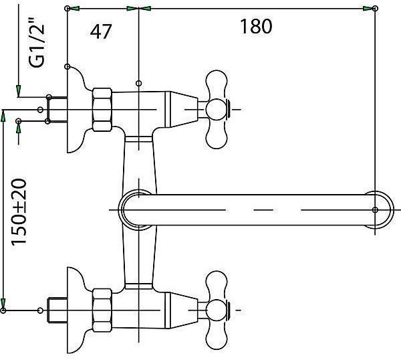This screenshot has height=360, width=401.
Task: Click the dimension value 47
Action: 101,31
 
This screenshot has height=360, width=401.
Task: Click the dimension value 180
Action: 256,26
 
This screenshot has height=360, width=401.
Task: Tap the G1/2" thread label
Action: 37,43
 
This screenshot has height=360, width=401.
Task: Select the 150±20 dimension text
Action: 19,211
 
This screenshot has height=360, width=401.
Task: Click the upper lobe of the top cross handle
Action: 217,82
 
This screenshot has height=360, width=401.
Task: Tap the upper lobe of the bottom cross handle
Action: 217,284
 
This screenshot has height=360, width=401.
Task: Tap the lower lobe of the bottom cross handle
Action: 217,337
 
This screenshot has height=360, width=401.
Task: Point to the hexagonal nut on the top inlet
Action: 102,110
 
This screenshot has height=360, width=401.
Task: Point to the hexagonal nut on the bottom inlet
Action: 102,310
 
